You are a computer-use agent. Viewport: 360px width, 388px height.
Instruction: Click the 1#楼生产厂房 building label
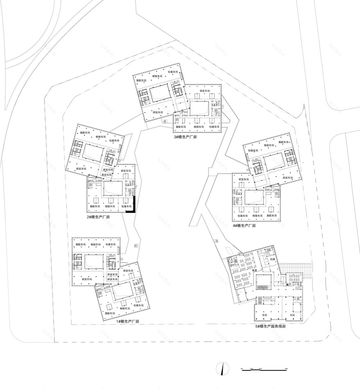tap(128, 322)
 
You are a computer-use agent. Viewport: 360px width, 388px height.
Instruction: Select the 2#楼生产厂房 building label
tap(98, 217)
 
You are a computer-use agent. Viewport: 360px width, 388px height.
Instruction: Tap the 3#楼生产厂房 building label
tap(185, 137)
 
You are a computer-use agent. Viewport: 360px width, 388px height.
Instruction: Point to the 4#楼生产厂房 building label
tap(244, 226)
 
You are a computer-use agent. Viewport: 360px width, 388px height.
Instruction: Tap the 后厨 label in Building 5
tap(272, 259)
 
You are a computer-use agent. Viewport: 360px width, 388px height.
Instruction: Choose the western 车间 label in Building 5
tap(265, 316)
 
